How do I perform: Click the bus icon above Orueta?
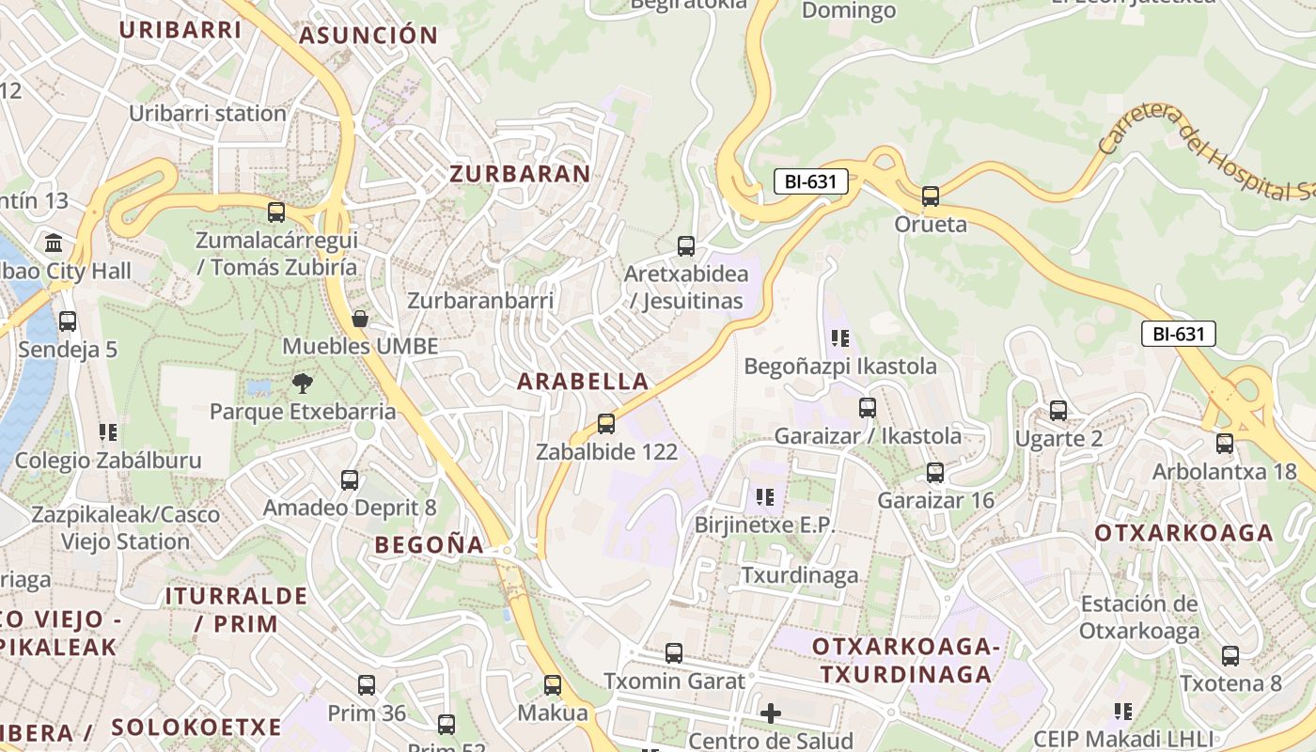[x=931, y=196]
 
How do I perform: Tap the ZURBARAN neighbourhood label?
[x=520, y=174]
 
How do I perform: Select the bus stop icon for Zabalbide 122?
[x=606, y=424]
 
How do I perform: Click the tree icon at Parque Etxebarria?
[x=303, y=384]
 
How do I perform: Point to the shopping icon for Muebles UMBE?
[x=359, y=319]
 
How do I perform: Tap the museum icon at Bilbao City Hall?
[x=54, y=243]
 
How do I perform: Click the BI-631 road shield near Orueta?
[x=811, y=182]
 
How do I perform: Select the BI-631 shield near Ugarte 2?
[x=1179, y=334]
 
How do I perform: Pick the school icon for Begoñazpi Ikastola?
[x=839, y=337]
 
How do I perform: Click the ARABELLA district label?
[x=583, y=382]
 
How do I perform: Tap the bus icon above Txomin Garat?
[x=674, y=653]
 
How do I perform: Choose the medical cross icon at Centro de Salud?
[x=771, y=713]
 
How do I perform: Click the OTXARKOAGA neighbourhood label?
[x=1183, y=533]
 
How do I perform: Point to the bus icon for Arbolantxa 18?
[x=1225, y=444]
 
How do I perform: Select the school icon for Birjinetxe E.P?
[x=764, y=496]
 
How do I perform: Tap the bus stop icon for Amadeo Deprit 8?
[x=350, y=480]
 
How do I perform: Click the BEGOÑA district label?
[x=430, y=545]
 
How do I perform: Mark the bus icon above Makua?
[x=553, y=685]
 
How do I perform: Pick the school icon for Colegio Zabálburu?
[x=108, y=432]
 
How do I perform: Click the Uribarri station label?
[x=208, y=114]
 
